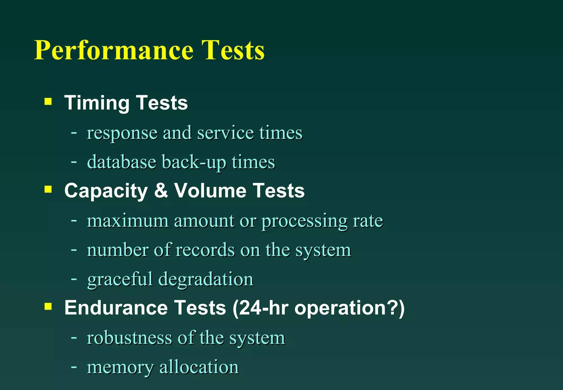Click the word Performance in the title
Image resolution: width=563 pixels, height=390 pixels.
coord(114,50)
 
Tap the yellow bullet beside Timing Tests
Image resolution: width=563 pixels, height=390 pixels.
coord(48,102)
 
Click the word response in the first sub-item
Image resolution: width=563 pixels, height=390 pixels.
coord(122,133)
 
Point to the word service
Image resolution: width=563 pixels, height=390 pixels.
coord(225,133)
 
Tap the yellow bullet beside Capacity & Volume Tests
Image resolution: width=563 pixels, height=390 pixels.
coord(48,189)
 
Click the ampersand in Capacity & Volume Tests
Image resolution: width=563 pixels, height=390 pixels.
coord(161,190)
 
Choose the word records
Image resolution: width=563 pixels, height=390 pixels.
coord(205,250)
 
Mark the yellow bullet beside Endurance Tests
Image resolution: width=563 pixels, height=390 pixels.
coord(48,306)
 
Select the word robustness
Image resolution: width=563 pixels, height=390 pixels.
coord(129,338)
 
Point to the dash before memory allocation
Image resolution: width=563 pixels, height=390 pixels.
coord(74,367)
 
